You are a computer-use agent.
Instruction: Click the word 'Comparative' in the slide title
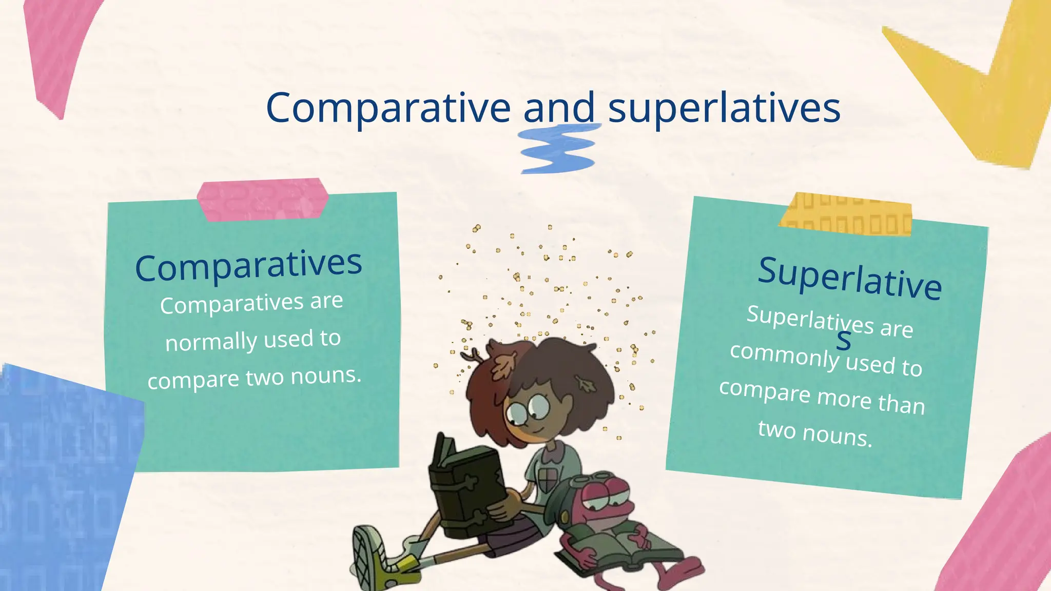tap(388, 108)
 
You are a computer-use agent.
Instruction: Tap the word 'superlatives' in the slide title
tap(724, 109)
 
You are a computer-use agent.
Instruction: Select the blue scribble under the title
tap(558, 149)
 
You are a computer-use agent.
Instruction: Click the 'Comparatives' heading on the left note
tap(248, 265)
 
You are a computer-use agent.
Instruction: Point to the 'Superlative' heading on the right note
tap(850, 278)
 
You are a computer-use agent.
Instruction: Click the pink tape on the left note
tap(262, 200)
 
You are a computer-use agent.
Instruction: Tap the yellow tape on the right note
tap(846, 215)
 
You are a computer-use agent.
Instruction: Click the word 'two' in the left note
tap(264, 378)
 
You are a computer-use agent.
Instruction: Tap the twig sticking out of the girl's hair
tap(470, 354)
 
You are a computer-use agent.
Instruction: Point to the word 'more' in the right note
tap(844, 398)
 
